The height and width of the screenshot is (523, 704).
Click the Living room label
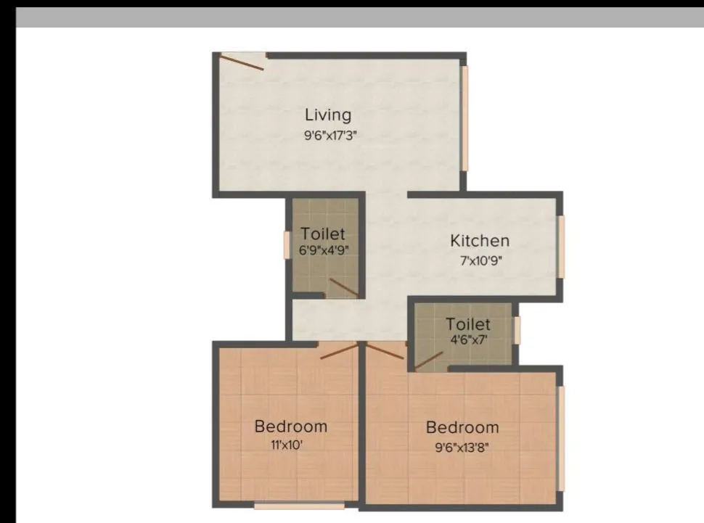tap(328, 115)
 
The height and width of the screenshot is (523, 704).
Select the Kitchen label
tap(480, 241)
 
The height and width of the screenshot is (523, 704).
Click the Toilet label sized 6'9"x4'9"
tap(323, 235)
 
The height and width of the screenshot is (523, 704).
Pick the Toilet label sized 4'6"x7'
tap(468, 324)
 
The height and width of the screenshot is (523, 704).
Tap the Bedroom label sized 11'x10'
tap(290, 426)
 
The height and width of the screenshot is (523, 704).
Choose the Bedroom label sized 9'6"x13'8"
tap(462, 427)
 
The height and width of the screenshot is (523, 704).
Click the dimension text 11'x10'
tap(286, 445)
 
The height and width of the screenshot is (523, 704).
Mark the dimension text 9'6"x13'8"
tap(462, 448)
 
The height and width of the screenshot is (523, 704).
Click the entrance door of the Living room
tap(242, 61)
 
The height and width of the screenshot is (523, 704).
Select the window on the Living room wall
tap(465, 118)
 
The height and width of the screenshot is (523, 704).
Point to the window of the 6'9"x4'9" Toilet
tap(287, 244)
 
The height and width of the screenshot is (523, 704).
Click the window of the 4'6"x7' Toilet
tap(517, 329)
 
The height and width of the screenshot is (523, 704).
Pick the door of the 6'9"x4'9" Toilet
tap(343, 288)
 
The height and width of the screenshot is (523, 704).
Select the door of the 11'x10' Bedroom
tap(339, 350)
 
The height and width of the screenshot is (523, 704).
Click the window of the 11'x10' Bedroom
tap(299, 504)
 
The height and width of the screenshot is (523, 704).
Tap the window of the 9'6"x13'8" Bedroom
tap(561, 438)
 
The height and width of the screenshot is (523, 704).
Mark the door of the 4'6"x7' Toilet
tap(429, 361)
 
